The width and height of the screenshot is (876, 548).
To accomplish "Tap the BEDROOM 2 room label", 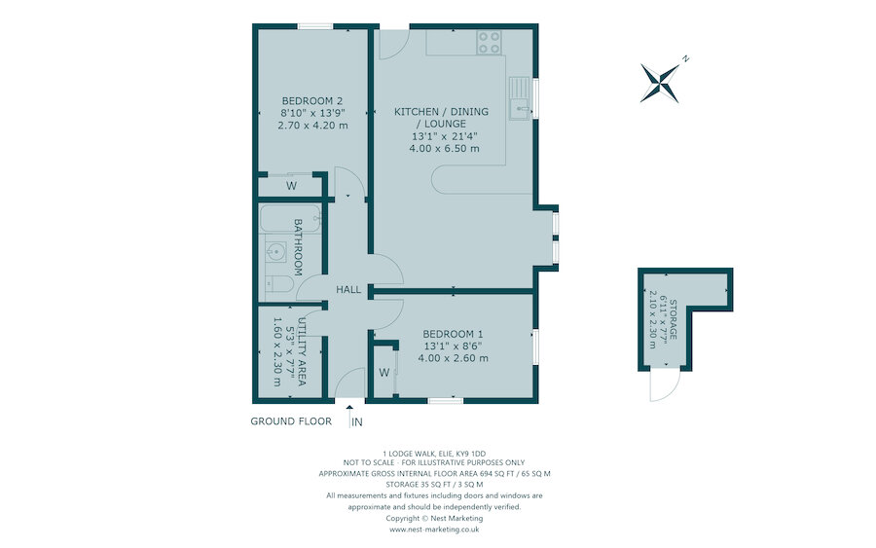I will pos(312,100).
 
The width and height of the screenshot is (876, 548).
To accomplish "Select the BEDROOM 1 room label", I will pos(453,332).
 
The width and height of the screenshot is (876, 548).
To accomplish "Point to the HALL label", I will pos(348,290).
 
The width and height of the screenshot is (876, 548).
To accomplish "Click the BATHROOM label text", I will pos(299,245).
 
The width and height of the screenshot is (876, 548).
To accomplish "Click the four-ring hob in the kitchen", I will pos(489,42).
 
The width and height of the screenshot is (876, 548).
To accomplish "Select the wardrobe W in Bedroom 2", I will pos(291,186).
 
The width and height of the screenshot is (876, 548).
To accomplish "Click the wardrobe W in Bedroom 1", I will pos(383,372).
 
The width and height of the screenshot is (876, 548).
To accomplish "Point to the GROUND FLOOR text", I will pos(291,421).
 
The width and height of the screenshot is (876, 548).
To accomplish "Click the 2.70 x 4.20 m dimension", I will pos(312,125).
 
